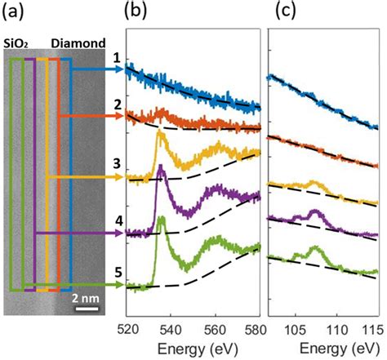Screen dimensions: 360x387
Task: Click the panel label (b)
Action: click(136, 13)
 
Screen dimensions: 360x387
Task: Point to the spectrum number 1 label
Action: click(117, 59)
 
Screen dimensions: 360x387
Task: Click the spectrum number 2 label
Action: click(117, 104)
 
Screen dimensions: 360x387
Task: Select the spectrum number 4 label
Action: click(117, 220)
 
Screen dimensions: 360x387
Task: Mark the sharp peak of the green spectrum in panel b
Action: click(162, 218)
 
